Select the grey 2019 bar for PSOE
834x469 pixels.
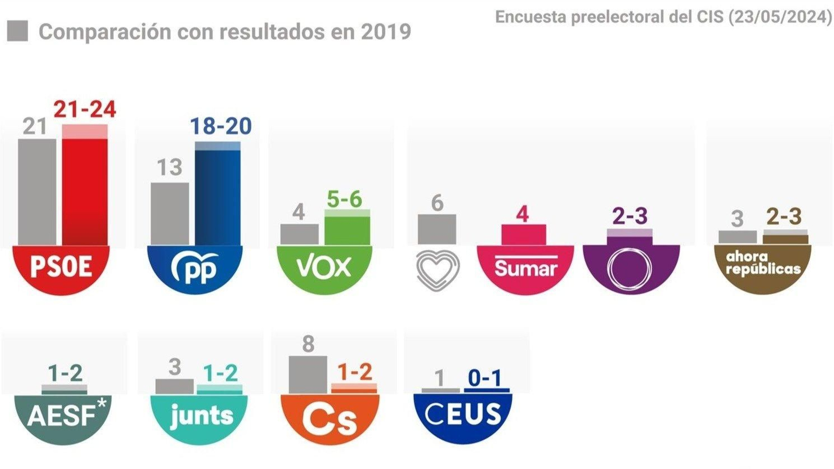point(37,191)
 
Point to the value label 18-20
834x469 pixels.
point(220,126)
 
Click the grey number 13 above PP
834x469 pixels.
point(169,167)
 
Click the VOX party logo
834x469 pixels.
point(324,268)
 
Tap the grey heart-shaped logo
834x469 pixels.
point(438,269)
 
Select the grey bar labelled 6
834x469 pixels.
point(437,229)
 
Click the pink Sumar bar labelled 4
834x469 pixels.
point(523,234)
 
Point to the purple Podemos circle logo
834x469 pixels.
point(630,268)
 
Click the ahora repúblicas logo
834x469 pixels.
point(763,263)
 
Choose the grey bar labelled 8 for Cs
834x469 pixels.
point(308,374)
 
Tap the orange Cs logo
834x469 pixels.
point(329,419)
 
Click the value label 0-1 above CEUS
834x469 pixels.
point(485,378)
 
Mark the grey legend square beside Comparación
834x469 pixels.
point(18,31)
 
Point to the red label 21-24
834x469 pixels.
point(85,110)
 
